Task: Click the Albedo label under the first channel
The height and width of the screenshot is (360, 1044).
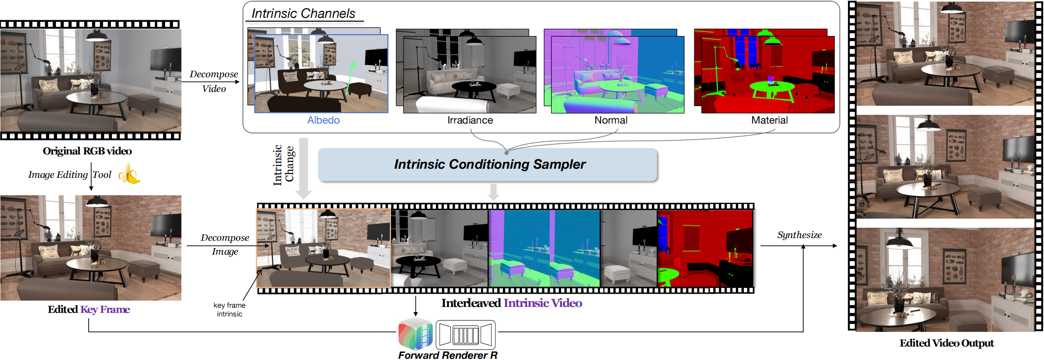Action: pos(323,120)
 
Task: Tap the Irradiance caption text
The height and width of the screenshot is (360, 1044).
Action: pos(470,120)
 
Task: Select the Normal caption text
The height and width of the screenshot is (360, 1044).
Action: pos(610,120)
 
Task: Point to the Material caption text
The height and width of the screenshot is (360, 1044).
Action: pos(769,120)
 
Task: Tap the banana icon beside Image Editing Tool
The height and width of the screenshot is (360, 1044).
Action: pos(129,174)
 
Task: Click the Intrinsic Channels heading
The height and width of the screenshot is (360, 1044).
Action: pos(303,13)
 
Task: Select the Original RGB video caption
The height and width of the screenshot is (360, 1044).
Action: pos(87,151)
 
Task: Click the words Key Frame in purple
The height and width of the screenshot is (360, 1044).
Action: pos(105,309)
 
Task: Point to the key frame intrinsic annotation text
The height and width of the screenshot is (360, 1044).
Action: pos(229,309)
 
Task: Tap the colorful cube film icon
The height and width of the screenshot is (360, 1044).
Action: pos(415,334)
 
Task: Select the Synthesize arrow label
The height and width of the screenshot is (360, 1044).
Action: pos(799,235)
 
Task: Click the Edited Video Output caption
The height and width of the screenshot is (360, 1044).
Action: pos(946,343)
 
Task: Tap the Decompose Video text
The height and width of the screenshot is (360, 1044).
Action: pos(213,81)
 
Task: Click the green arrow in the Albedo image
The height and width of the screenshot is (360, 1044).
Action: pos(351,77)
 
